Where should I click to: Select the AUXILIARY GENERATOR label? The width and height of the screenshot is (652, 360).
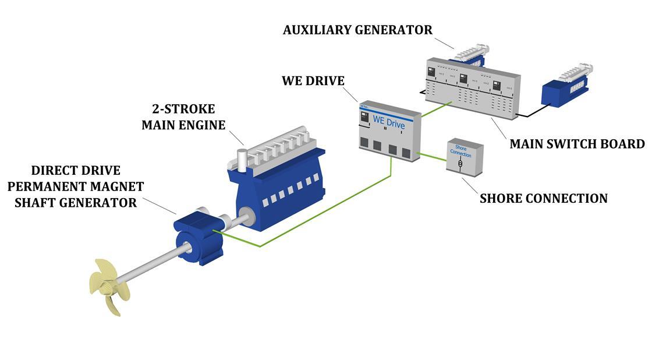tap(357, 30)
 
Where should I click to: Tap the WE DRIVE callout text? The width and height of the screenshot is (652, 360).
tap(313, 80)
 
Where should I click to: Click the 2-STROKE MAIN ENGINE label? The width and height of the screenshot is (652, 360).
tap(183, 117)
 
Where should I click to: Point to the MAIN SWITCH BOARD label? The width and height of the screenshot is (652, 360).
tap(577, 144)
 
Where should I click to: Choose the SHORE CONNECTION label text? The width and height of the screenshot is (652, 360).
tap(543, 199)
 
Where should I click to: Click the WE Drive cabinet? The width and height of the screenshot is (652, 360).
tap(389, 132)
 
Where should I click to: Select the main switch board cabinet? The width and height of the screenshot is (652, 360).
tap(472, 87)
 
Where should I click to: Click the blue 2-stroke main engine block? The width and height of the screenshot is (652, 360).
tap(279, 181)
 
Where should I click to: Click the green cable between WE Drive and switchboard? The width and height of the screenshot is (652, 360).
tap(435, 109)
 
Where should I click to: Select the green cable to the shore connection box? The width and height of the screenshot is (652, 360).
tap(432, 157)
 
